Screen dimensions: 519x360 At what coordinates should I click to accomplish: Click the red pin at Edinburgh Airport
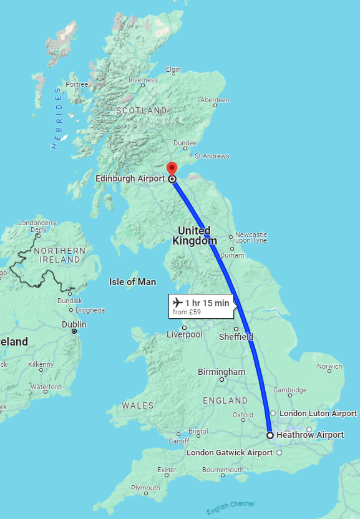(x=172, y=168)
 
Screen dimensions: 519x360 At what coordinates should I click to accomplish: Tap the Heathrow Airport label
(x=310, y=435)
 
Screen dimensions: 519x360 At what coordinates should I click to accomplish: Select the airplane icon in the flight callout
(x=178, y=303)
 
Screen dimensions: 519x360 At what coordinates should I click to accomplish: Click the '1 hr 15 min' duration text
(x=208, y=303)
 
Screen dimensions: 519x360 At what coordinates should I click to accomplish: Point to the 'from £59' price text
(x=187, y=312)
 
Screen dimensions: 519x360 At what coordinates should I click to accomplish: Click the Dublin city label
(x=74, y=324)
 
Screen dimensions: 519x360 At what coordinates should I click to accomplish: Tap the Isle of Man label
(x=132, y=282)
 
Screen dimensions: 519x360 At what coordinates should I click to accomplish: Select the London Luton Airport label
(x=318, y=414)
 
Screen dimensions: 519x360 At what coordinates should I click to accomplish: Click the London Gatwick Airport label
(x=230, y=452)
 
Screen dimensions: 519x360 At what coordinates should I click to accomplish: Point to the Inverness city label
(x=144, y=80)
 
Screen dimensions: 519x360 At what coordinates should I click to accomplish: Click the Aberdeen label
(x=215, y=100)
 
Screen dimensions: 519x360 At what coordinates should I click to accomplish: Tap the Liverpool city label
(x=185, y=334)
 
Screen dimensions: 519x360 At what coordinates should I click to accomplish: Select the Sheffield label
(x=236, y=337)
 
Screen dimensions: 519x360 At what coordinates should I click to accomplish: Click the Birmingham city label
(x=221, y=372)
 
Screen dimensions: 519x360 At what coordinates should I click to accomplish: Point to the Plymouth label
(x=145, y=488)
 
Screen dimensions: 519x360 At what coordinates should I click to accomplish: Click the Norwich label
(x=329, y=367)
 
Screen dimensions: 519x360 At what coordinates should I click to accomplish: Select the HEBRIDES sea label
(x=57, y=118)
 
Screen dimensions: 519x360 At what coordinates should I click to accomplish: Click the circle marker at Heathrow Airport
(x=270, y=435)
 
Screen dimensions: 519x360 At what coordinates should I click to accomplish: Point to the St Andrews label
(x=212, y=156)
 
